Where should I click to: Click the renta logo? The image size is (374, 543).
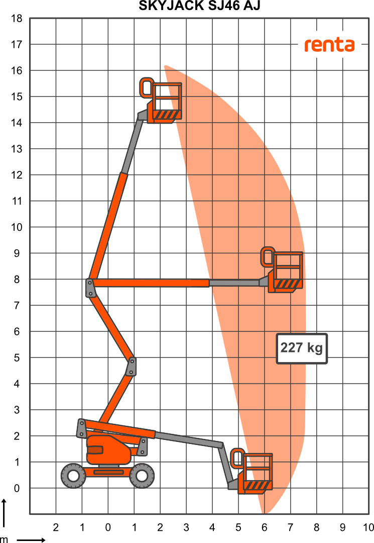329,45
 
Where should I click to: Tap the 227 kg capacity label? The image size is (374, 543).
301,348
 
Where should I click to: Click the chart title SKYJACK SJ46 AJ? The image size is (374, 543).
199,6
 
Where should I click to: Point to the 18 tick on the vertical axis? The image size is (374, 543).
17,19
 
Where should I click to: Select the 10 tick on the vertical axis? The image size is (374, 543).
17,227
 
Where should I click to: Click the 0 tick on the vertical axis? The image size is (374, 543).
17,488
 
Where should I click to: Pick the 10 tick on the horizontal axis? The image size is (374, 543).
368,527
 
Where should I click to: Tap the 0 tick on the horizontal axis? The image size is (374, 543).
108,527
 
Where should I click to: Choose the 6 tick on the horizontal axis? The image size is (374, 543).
265,527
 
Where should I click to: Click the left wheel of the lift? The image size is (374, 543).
73,476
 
